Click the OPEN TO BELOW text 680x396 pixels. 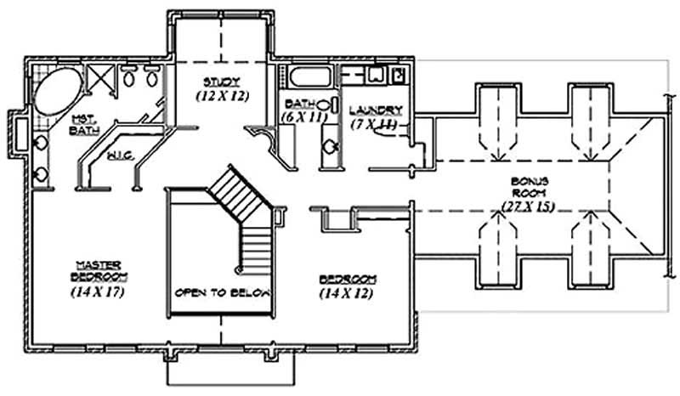(x=222, y=292)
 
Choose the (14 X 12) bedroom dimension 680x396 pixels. (x=347, y=294)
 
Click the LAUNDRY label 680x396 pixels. (x=375, y=110)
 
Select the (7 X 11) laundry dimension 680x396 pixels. (x=374, y=124)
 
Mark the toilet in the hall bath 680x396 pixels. (x=328, y=150)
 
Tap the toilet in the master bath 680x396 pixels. (x=39, y=173)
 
